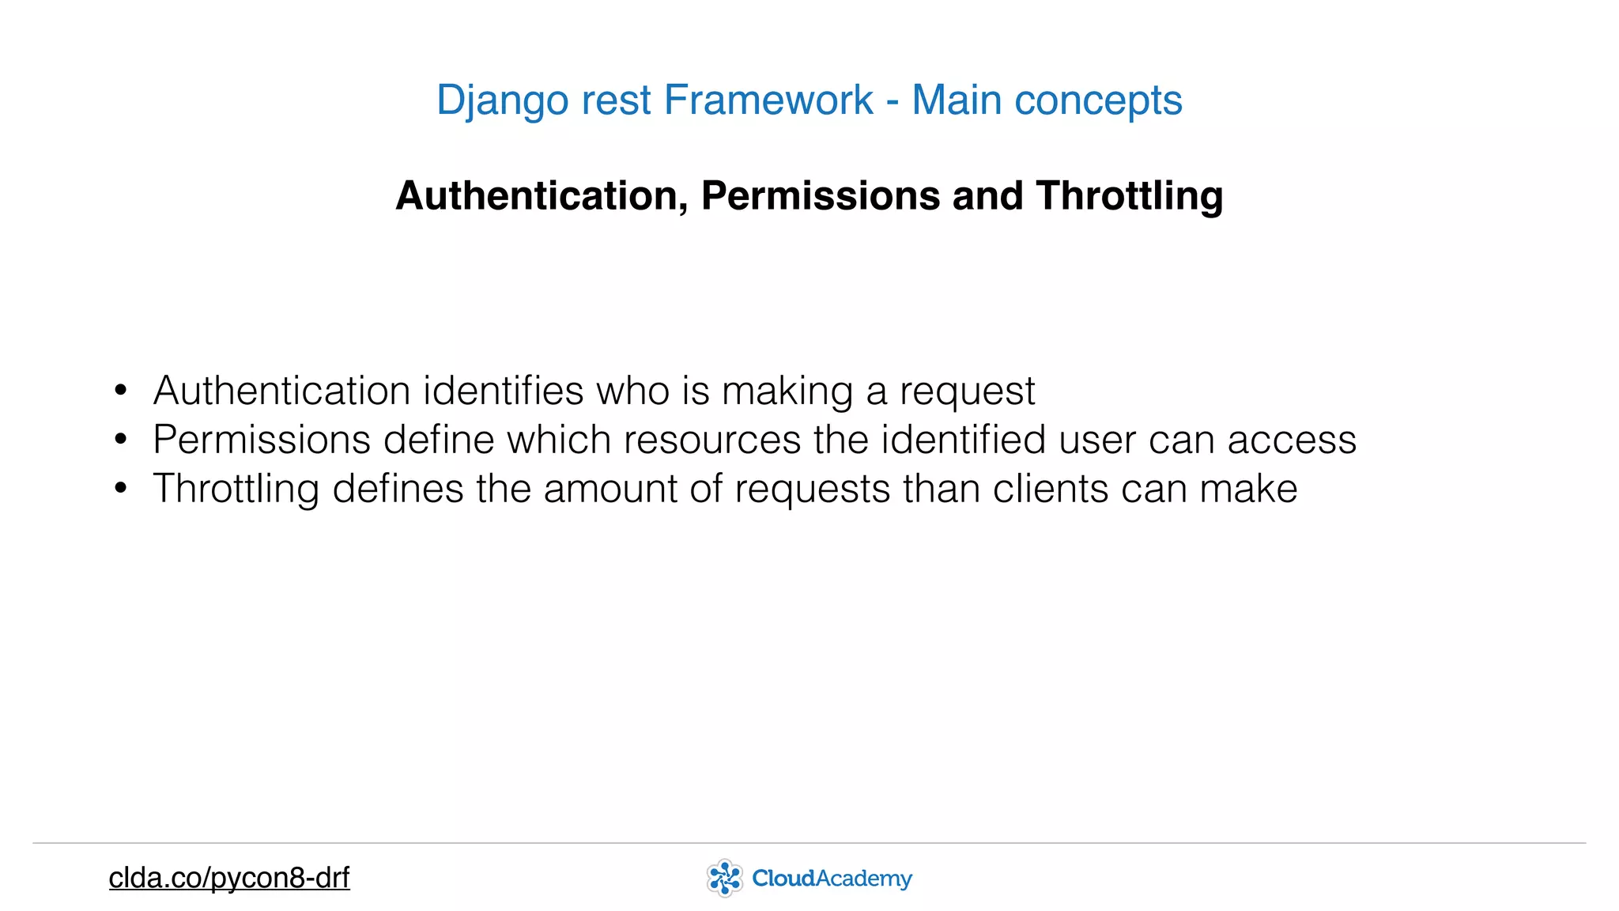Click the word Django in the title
tap(502, 100)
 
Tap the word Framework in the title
tap(768, 100)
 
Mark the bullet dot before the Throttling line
tap(120, 488)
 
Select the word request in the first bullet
tap(967, 391)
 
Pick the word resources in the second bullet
tap(712, 440)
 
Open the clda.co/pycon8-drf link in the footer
tap(229, 878)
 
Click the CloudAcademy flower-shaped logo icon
tap(724, 878)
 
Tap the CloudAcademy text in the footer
tap(832, 878)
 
